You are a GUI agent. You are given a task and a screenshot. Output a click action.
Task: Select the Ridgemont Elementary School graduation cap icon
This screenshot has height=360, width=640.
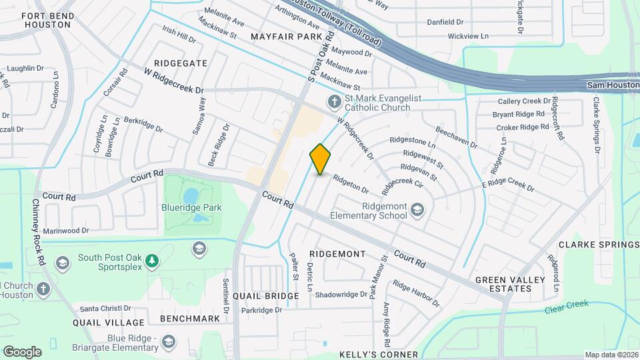click(x=417, y=210)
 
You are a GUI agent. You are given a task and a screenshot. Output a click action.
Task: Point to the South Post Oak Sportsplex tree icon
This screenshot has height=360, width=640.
click(x=153, y=259)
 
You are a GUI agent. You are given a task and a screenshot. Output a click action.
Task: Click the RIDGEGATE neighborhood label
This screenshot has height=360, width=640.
click(x=180, y=63)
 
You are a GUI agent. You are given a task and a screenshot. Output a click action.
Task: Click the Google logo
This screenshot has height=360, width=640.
click(x=22, y=352)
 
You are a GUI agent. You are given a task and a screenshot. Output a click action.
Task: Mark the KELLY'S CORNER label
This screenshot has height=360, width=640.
click(x=378, y=355)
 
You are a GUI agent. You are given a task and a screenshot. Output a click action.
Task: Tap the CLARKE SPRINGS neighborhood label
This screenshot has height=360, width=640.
click(x=598, y=245)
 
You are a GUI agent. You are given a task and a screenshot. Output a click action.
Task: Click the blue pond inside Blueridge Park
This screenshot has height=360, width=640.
click(x=190, y=195)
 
